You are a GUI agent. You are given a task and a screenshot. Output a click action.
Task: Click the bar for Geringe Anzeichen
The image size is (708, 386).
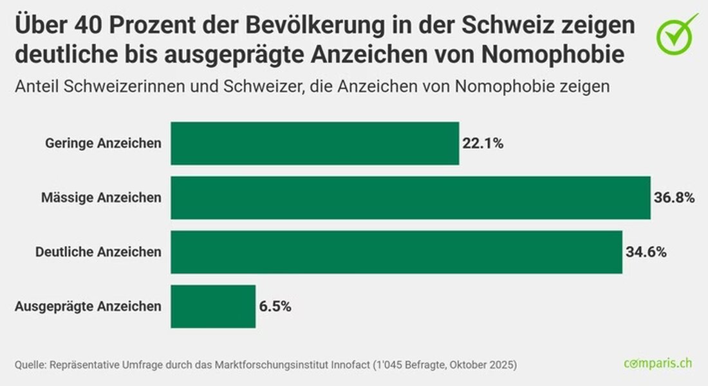point(315,143)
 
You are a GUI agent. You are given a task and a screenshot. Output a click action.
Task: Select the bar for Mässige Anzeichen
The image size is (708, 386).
point(411,198)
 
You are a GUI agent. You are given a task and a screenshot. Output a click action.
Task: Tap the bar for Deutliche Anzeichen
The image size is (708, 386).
point(396,252)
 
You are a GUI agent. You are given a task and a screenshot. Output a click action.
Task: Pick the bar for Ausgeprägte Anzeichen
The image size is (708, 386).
point(213,307)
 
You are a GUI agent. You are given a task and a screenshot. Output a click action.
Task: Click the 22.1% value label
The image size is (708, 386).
point(483,143)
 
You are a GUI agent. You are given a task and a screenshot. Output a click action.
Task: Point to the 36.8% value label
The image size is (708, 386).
point(674,198)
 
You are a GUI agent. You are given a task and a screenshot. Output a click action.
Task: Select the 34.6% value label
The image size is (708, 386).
point(646,252)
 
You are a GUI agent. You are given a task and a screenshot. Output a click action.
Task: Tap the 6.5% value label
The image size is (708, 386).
point(275,307)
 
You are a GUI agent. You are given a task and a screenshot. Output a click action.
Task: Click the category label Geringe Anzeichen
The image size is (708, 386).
point(103,143)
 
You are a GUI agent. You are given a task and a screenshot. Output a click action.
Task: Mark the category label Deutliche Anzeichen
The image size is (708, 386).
point(98,252)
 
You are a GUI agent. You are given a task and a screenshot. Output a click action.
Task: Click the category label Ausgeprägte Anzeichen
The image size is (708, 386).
point(88,307)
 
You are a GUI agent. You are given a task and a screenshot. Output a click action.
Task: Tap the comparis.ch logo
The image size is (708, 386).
point(658,364)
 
